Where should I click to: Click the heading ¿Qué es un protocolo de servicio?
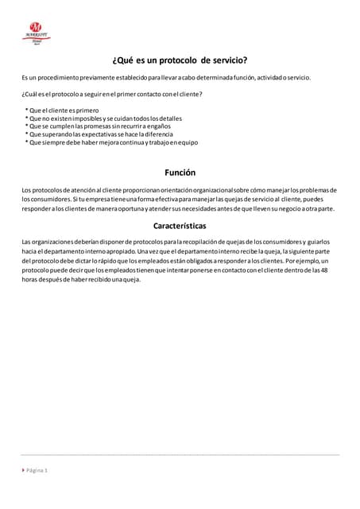179,60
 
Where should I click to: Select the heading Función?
180,172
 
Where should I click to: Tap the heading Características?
180,226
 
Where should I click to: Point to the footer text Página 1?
37,470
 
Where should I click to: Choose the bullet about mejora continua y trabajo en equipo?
110,142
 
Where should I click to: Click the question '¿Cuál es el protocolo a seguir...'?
112,95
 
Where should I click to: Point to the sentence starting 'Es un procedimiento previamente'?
166,77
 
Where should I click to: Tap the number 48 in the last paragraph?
325,270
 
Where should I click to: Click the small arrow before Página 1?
23,470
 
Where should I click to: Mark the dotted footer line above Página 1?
180,455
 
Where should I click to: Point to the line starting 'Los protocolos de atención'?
180,190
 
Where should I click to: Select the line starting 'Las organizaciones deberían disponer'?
176,241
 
